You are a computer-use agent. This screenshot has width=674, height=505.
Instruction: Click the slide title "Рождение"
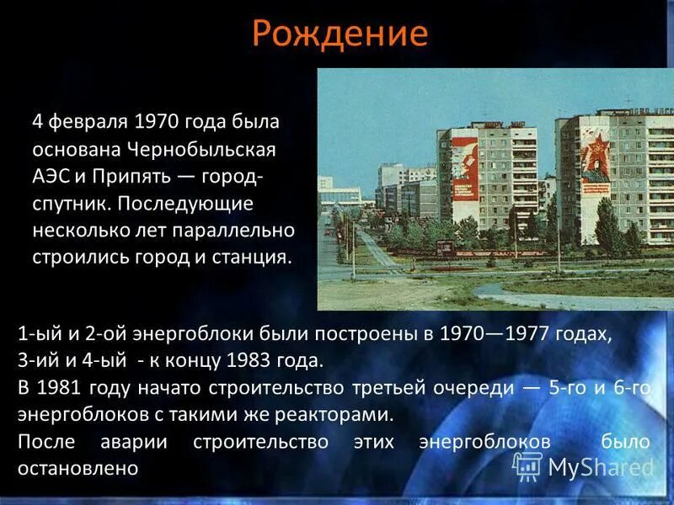pyautogui.click(x=339, y=34)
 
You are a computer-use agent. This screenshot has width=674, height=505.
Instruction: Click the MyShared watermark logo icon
pyautogui.click(x=528, y=465)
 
